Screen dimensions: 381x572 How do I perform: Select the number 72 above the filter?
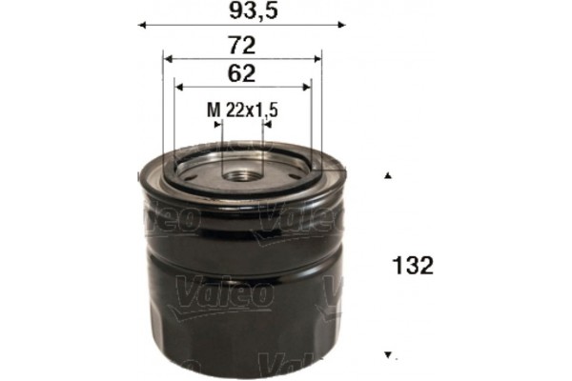pyautogui.click(x=242, y=44)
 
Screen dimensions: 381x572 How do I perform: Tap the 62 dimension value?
pyautogui.click(x=242, y=73)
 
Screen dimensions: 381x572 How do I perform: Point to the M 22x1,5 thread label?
pyautogui.click(x=242, y=110)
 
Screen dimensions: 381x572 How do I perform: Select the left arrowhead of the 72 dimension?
pyautogui.click(x=167, y=57)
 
